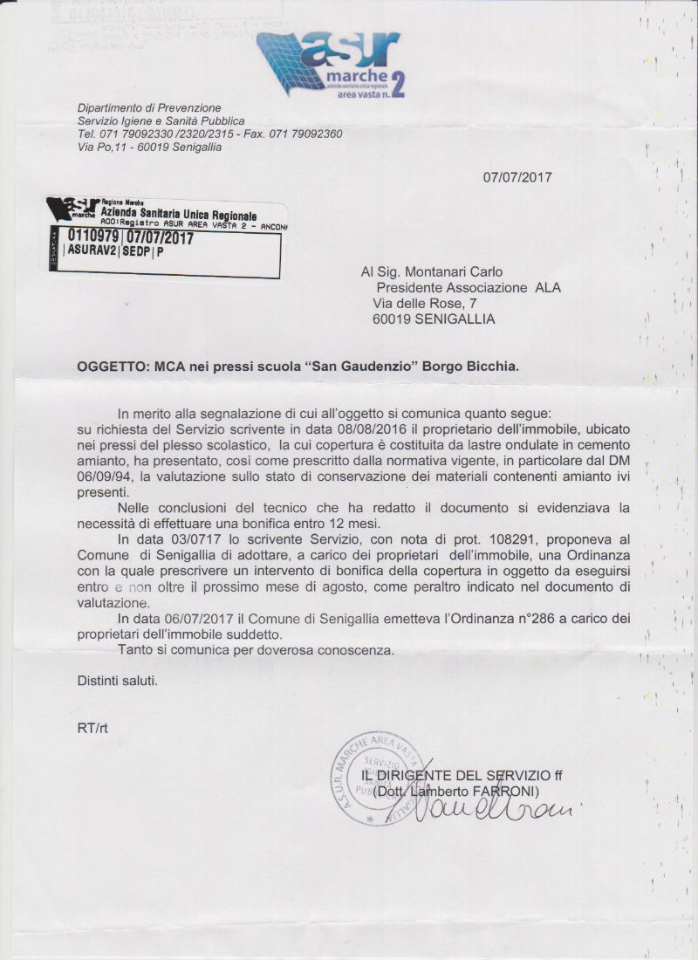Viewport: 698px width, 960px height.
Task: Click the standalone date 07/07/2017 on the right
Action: (x=517, y=177)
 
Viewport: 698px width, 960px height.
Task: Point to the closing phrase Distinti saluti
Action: (x=118, y=680)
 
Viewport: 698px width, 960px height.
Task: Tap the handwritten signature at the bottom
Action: (x=484, y=807)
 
